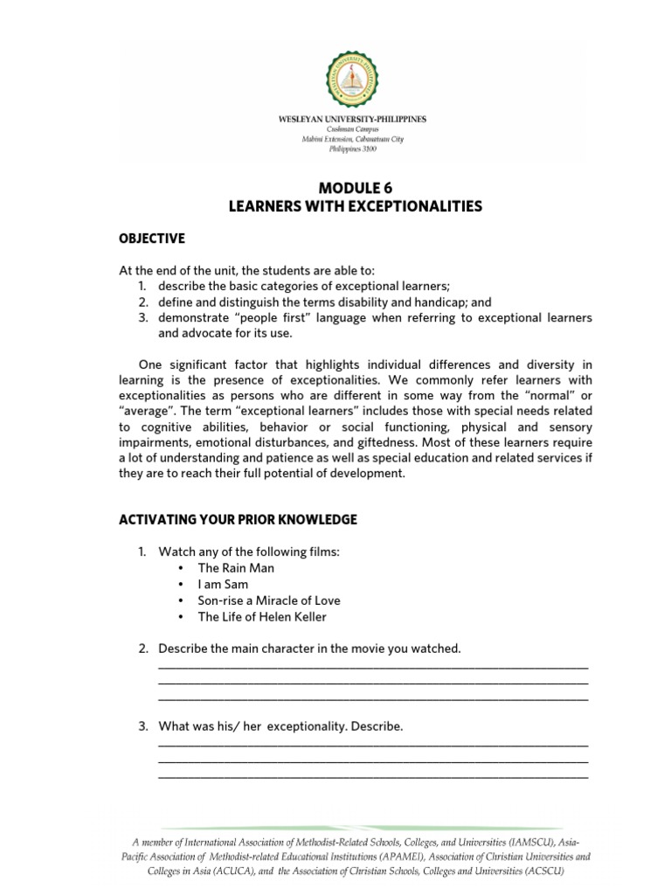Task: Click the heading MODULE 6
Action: coord(354,187)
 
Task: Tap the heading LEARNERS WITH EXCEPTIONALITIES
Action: coord(354,206)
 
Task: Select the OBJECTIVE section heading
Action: coord(152,239)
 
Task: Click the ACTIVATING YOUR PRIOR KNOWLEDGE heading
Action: coord(238,519)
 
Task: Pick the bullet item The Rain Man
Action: coord(235,568)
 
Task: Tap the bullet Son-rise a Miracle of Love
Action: coord(268,600)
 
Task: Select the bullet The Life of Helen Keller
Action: coord(262,617)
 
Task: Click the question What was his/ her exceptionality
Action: coord(280,726)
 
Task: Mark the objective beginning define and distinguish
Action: coord(324,302)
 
